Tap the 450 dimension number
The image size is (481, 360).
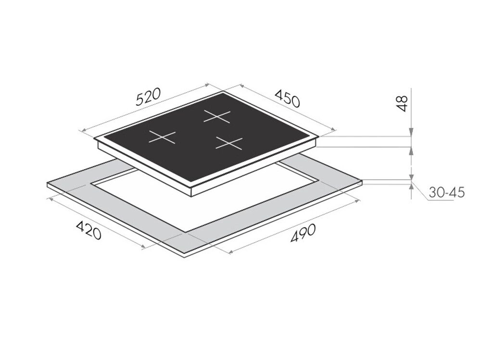[x=287, y=98]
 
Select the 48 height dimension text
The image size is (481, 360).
[x=402, y=103]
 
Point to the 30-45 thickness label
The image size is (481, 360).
[x=446, y=193]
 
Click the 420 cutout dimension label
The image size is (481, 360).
[x=89, y=230]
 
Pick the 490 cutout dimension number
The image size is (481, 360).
[x=303, y=233]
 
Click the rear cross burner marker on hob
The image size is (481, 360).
[x=217, y=116]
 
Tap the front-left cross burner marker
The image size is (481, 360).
[x=162, y=137]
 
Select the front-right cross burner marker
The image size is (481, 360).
[x=229, y=143]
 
